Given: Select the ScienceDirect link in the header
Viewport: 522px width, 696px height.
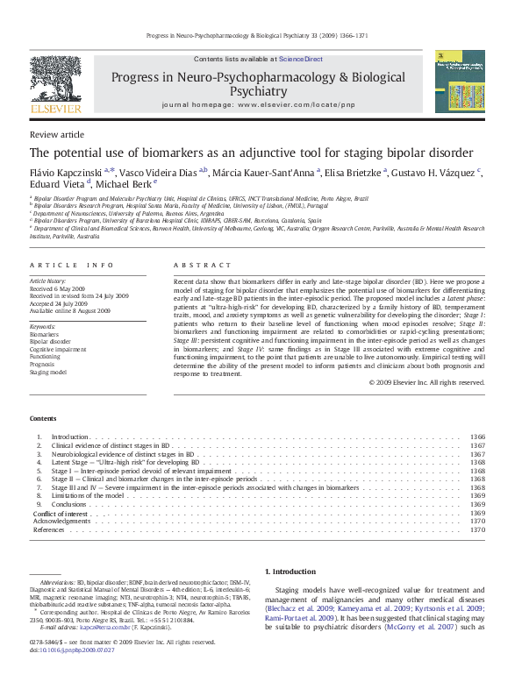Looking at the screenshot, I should click(x=301, y=59).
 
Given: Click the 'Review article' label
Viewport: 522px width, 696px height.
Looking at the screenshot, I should click(x=57, y=134).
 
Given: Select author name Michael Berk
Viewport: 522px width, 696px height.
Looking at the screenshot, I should click(x=124, y=184).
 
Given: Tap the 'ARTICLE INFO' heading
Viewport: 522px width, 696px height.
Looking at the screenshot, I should click(x=72, y=264).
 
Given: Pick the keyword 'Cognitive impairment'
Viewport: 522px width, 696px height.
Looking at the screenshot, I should click(x=58, y=348).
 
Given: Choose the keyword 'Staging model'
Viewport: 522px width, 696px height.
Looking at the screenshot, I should click(x=49, y=373).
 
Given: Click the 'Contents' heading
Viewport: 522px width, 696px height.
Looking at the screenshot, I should click(x=42, y=418).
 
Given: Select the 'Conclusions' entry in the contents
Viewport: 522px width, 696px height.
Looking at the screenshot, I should click(x=69, y=504).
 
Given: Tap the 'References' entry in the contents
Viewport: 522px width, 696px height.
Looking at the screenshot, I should click(x=48, y=529).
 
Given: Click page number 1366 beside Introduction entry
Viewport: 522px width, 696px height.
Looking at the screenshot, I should click(x=477, y=436).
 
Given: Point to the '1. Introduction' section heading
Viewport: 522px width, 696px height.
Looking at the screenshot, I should click(x=290, y=572).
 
